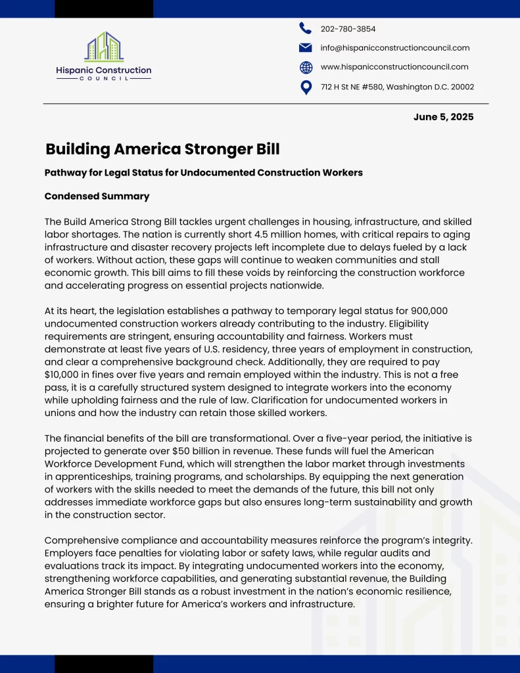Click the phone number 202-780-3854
click(348, 29)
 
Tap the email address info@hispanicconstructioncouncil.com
click(394, 47)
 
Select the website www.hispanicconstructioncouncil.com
click(394, 66)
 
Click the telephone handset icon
click(306, 28)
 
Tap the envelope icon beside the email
click(306, 47)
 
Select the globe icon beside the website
click(306, 67)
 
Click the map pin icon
click(306, 87)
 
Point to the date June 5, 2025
click(443, 117)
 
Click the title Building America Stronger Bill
click(162, 149)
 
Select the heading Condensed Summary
click(97, 196)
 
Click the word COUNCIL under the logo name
click(104, 78)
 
